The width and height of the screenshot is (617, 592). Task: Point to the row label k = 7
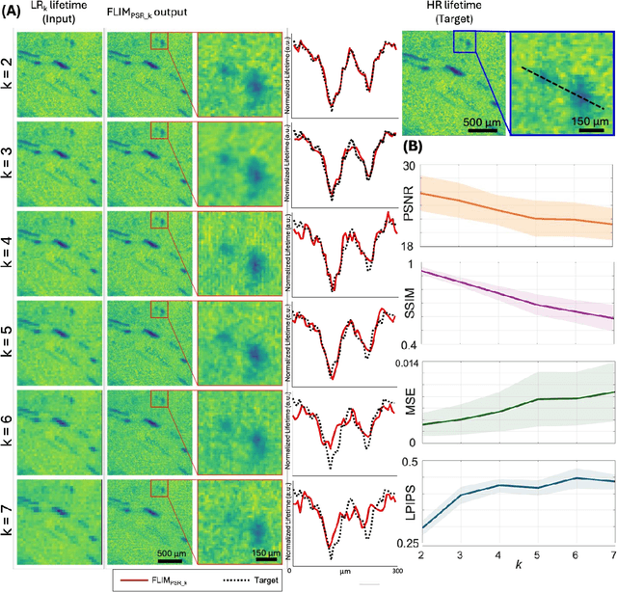click(x=9, y=516)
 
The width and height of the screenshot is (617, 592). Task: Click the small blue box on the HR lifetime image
click(x=465, y=41)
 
